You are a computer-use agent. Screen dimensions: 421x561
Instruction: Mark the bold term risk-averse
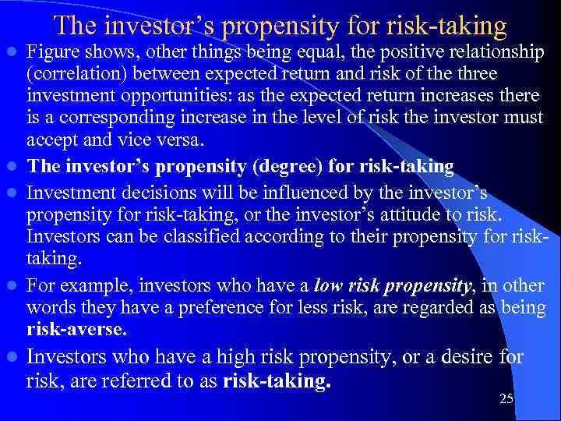76,330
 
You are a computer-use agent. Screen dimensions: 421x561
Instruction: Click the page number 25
506,399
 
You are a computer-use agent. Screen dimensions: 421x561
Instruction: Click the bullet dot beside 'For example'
12,286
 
